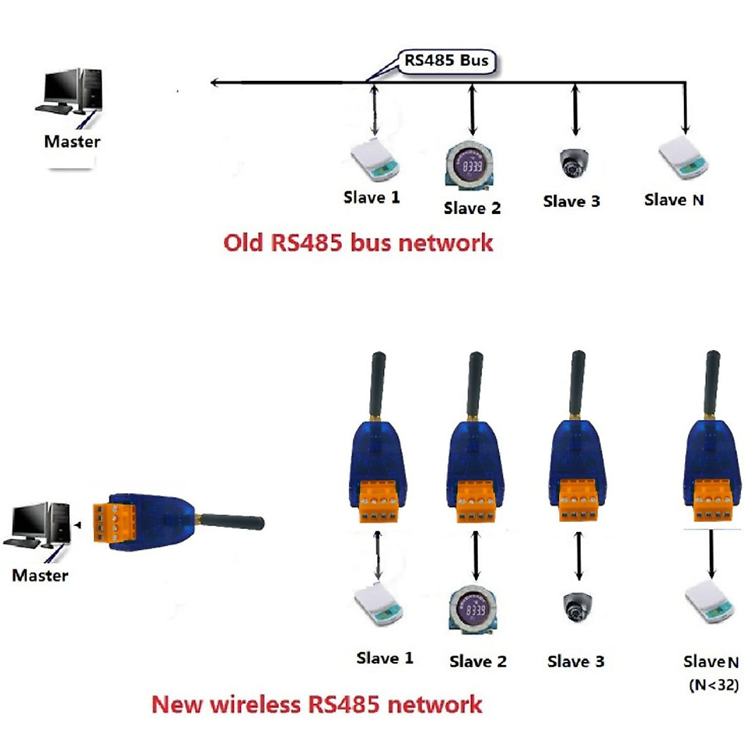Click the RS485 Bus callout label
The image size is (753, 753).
446,61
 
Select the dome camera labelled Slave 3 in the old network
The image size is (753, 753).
574,163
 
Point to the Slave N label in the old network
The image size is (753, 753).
674,200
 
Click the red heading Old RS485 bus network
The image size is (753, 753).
358,243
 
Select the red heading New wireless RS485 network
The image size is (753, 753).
317,704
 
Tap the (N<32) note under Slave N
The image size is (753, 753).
713,685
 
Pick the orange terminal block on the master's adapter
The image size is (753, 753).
114,523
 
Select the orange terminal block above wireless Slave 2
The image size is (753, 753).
474,502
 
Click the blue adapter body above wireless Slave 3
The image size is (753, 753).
578,452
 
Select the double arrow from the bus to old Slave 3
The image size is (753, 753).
575,110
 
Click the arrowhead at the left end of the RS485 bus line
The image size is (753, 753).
215,82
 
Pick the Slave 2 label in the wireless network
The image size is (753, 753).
478,661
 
